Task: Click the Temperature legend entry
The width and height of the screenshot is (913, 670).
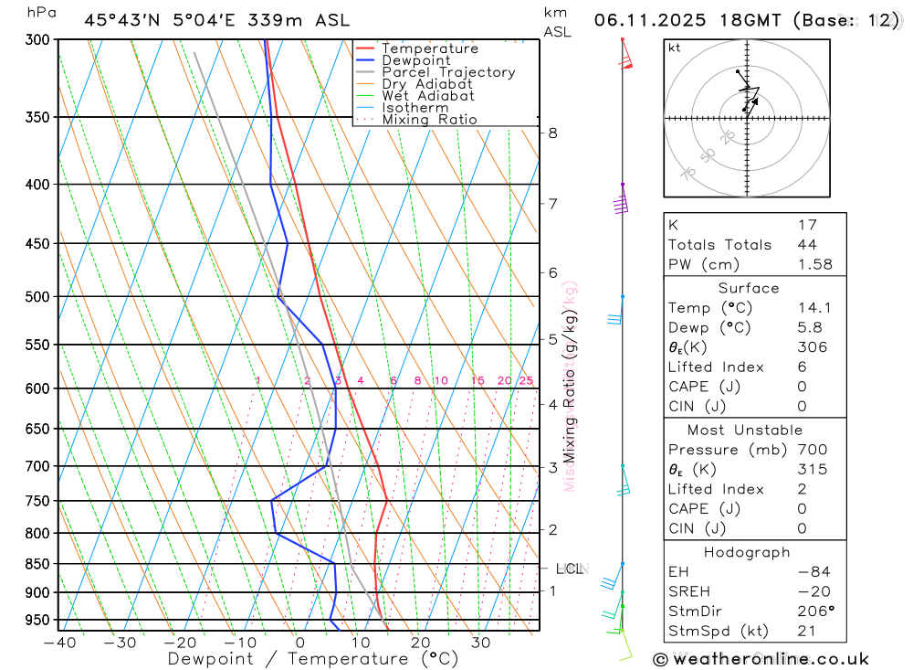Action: (x=429, y=48)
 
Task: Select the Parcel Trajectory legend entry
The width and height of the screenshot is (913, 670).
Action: (x=448, y=72)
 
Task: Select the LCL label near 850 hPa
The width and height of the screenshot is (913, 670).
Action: (x=569, y=569)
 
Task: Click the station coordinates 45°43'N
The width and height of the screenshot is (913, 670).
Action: (x=116, y=20)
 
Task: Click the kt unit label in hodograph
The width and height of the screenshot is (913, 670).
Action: (x=674, y=48)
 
